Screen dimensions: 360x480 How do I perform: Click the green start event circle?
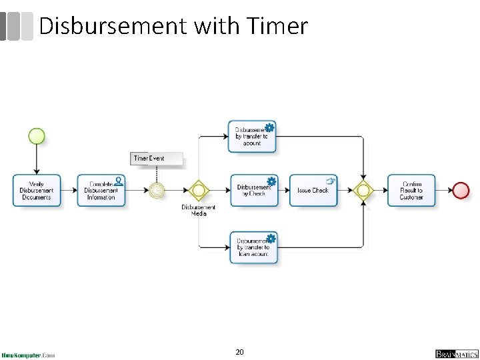click(x=37, y=137)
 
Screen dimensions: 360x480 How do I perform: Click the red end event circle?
click(x=461, y=190)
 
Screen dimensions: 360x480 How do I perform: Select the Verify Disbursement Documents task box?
click(x=37, y=191)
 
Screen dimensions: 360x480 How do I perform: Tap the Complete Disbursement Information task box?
click(x=101, y=191)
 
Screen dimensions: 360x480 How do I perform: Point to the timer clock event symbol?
click(x=157, y=190)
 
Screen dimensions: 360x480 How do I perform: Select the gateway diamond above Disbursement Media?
click(x=198, y=190)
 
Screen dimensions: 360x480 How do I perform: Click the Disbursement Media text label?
click(x=199, y=210)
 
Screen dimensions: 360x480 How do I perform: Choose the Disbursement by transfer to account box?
click(x=252, y=137)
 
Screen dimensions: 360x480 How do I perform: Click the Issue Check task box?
click(x=313, y=191)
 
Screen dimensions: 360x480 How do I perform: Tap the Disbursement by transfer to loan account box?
click(x=253, y=247)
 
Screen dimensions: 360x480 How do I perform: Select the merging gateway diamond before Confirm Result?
click(x=363, y=190)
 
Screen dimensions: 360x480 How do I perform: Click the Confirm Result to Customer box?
click(x=411, y=191)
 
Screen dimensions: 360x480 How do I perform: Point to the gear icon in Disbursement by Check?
click(x=271, y=181)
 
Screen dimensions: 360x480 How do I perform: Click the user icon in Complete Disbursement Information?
click(x=118, y=180)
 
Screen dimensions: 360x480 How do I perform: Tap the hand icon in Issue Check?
click(x=330, y=181)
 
